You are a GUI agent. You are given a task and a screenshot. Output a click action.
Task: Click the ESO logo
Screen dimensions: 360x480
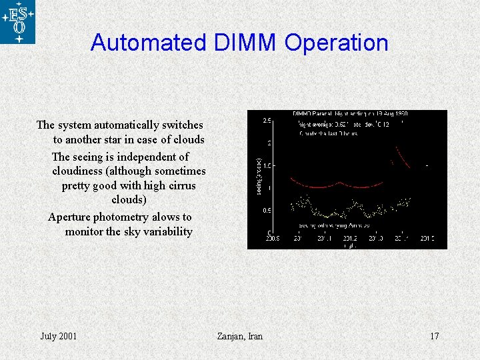17,22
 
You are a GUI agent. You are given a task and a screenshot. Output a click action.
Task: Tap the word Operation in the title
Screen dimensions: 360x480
336,43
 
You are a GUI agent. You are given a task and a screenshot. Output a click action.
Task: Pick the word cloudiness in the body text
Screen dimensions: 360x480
78,171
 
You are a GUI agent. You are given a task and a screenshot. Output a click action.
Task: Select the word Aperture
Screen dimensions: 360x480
69,217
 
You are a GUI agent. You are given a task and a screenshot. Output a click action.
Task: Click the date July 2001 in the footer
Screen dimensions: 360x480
58,336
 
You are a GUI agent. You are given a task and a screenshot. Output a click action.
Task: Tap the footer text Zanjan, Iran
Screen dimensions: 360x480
240,336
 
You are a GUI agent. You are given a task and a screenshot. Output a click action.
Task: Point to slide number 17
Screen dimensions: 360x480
434,336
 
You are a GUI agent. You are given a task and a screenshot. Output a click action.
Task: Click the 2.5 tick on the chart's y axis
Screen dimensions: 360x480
266,121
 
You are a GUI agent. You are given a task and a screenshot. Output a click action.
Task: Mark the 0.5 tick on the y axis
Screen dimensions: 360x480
266,211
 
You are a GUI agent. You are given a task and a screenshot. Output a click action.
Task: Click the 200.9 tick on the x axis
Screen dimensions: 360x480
272,238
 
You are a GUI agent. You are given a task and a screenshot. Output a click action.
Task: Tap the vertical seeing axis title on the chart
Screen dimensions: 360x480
259,177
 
